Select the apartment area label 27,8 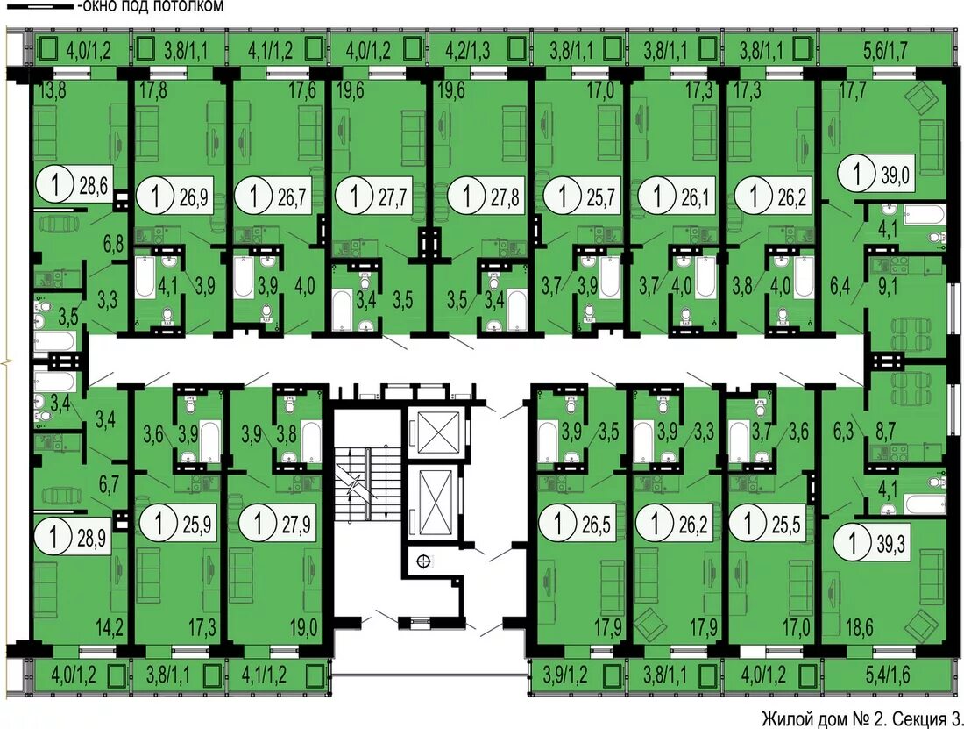[x=505, y=197]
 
